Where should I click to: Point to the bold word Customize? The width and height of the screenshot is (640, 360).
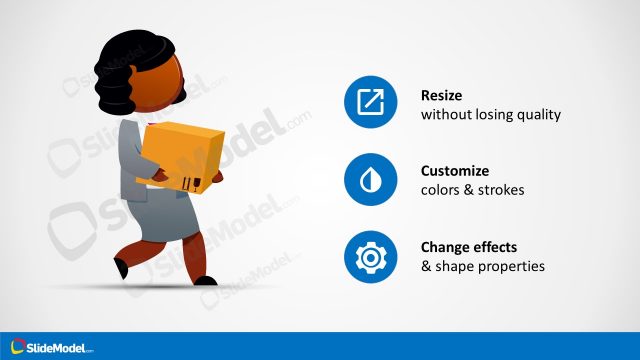(x=455, y=171)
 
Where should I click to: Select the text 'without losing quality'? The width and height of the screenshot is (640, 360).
(x=490, y=114)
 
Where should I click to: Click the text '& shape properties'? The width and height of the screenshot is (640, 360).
(x=482, y=267)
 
